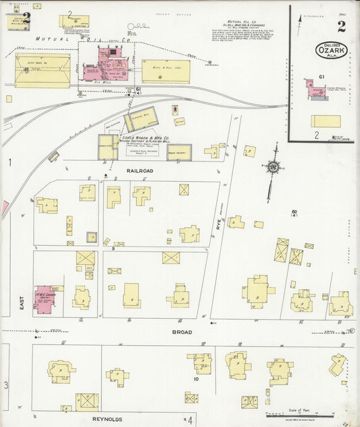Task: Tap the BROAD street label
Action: pos(182,332)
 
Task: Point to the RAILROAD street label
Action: pos(140,171)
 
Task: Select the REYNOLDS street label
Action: pos(106,419)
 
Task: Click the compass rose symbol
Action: pos(273,166)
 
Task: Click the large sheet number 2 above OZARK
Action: pos(341,26)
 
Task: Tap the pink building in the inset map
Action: pos(315,89)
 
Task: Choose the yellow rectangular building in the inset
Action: pos(325,122)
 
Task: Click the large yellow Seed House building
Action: pos(42,71)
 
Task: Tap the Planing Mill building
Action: pos(141,119)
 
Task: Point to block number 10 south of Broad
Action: pos(195,379)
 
